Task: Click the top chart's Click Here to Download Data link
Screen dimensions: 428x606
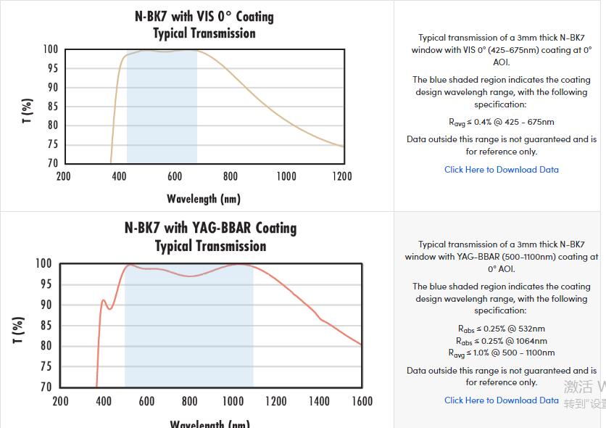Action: tap(502, 170)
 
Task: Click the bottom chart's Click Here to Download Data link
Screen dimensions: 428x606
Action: tap(502, 400)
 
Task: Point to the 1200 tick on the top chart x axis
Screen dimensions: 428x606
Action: tap(342, 176)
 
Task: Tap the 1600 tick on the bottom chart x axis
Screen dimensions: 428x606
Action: tap(362, 401)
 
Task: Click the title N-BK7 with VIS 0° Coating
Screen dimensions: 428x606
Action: tap(204, 16)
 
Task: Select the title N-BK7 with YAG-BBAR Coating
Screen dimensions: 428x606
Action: tap(210, 228)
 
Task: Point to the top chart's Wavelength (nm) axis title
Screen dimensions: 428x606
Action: tap(204, 199)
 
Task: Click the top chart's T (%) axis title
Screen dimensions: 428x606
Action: tap(28, 111)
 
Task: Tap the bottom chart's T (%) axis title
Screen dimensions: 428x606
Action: tap(20, 330)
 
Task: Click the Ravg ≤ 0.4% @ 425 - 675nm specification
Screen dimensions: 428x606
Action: tap(502, 123)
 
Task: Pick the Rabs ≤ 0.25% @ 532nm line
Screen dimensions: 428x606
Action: tap(502, 329)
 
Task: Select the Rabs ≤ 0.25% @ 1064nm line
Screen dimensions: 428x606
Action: tap(502, 341)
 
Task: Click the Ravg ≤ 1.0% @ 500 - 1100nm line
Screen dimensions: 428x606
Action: tap(502, 353)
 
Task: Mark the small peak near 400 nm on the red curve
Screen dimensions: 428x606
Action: tap(103, 300)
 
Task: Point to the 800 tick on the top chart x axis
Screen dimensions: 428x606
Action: tap(231, 176)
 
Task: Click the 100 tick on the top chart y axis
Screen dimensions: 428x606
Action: tap(49, 49)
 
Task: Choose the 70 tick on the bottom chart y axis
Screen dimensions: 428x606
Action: tap(44, 387)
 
